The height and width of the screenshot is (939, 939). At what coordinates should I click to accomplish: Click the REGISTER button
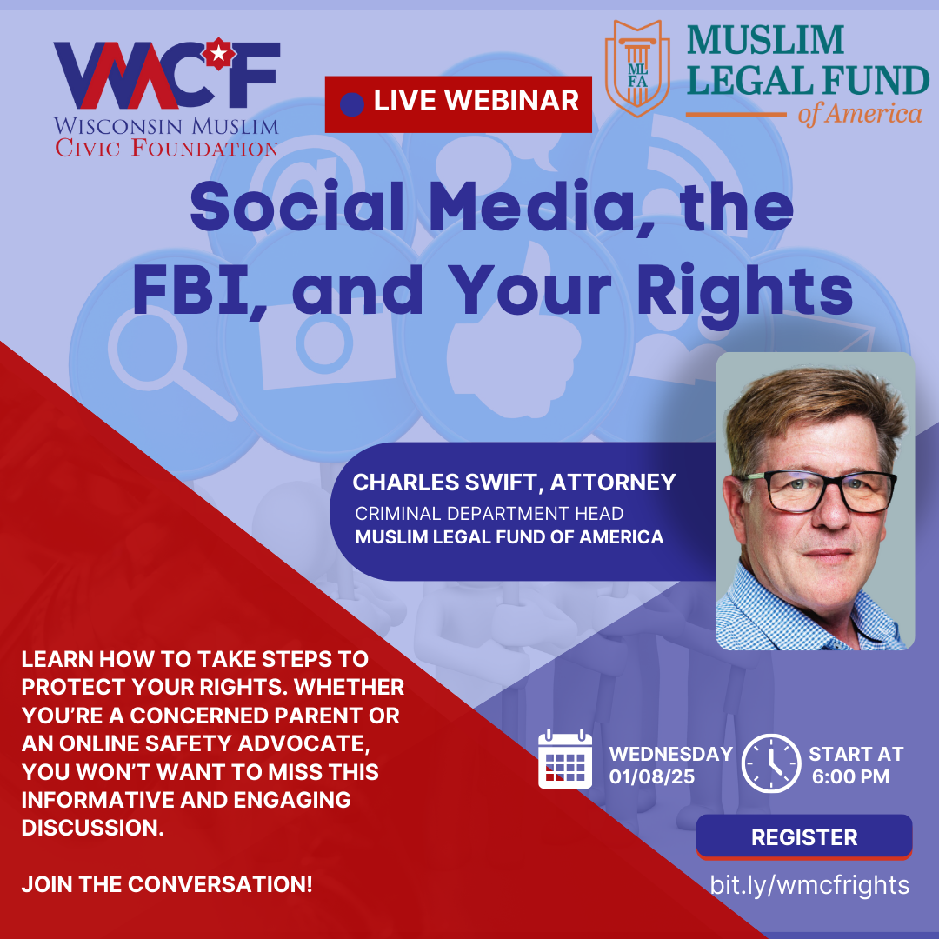tap(804, 836)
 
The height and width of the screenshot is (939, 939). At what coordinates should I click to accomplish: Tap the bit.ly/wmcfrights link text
tap(809, 885)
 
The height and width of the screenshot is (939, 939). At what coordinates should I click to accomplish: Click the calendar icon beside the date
tap(565, 759)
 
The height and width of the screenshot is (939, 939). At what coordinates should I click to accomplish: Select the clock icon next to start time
tap(770, 763)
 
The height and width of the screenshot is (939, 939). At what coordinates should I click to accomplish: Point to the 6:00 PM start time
tap(850, 776)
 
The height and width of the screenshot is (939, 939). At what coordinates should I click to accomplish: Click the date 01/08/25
tap(651, 776)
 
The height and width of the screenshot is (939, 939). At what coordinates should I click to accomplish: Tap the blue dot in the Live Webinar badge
tap(351, 104)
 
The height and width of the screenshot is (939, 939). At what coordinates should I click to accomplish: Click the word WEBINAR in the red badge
tap(511, 100)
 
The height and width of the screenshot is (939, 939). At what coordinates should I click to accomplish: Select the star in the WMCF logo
tap(219, 54)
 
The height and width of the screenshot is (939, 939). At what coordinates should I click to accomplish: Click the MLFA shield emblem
tap(637, 68)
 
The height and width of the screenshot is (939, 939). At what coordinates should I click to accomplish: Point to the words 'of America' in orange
tap(859, 114)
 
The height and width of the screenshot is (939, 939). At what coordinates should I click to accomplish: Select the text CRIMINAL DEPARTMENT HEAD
tap(489, 513)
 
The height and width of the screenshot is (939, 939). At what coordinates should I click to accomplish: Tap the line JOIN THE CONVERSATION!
tap(167, 884)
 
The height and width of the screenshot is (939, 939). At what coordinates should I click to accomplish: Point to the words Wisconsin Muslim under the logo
tap(166, 126)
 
